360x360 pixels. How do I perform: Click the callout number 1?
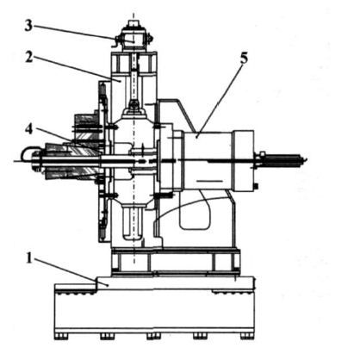tap(28, 258)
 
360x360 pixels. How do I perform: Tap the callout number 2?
tap(29, 58)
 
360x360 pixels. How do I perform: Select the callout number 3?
tap(28, 26)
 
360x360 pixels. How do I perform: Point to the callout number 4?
tap(28, 129)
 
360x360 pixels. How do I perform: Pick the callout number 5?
tap(244, 59)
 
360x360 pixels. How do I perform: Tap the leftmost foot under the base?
tap(61, 336)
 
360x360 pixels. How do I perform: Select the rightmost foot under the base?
tap(247, 336)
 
